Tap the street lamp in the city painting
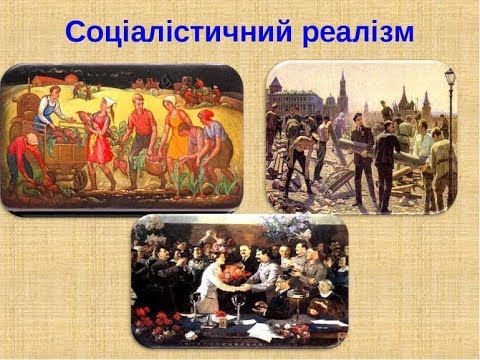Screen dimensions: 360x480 [x=450, y=95]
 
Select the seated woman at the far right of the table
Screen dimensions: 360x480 [x=330, y=300]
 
